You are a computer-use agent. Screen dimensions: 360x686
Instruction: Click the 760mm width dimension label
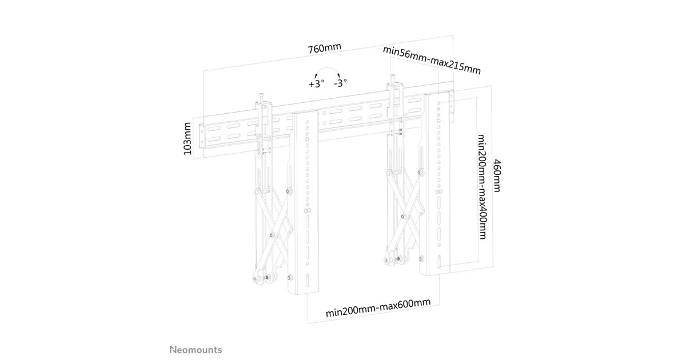[x=324, y=47]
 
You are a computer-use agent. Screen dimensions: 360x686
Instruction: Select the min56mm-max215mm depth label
[x=432, y=59]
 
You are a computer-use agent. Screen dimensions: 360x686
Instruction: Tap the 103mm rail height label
[x=187, y=140]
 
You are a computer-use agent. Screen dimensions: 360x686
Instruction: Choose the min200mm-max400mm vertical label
[x=481, y=187]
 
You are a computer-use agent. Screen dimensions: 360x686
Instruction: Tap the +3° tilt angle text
[x=316, y=83]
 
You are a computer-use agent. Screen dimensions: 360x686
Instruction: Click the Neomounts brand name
[x=196, y=349]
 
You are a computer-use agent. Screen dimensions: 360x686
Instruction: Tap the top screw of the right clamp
[x=393, y=79]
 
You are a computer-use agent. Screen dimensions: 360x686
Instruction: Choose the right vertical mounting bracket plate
[x=438, y=183]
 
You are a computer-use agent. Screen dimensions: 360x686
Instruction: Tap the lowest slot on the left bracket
[x=309, y=283]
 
